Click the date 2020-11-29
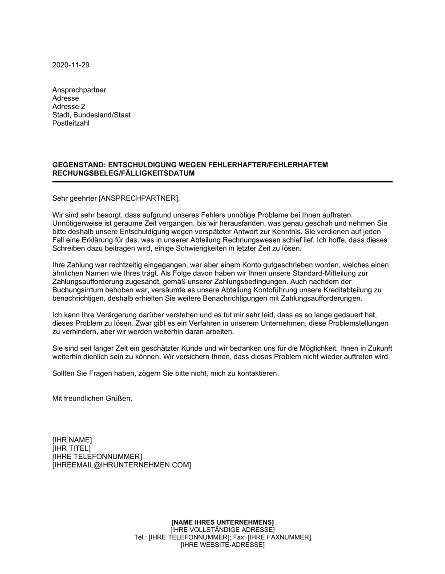(71, 65)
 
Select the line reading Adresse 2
(69, 107)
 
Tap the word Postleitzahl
(71, 123)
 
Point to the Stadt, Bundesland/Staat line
(91, 115)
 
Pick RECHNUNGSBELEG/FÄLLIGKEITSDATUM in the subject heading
(123, 173)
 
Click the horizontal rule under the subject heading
(222, 182)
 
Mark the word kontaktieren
(255, 373)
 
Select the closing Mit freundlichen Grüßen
(92, 398)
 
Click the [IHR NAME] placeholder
(72, 440)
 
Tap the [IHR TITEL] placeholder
(72, 448)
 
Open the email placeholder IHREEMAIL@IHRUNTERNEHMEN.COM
(121, 465)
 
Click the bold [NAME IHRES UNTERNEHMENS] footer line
(222, 522)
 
